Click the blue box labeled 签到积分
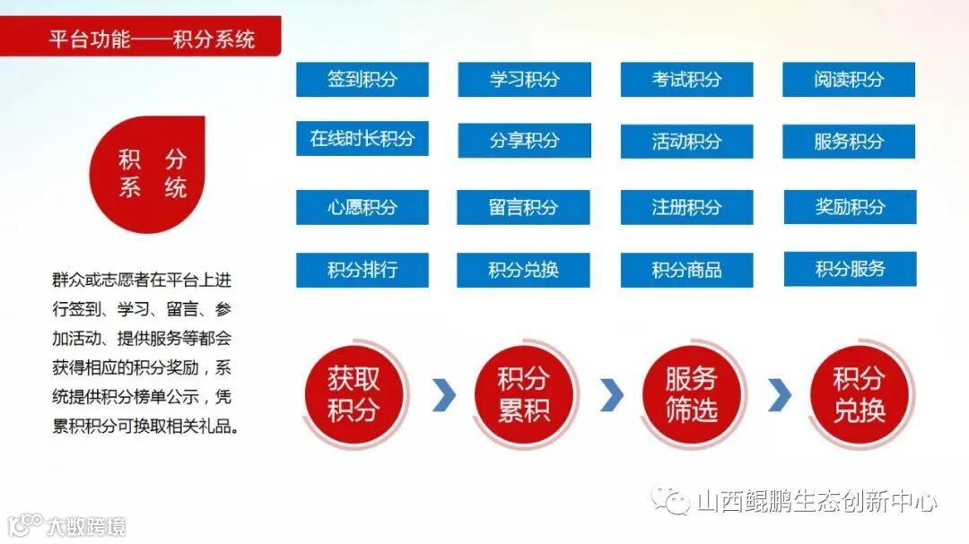point(362,79)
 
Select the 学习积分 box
point(524,79)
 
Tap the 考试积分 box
point(686,79)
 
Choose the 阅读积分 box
point(849,79)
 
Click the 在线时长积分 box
point(362,139)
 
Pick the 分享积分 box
point(524,141)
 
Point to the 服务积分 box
point(849,141)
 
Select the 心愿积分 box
point(362,207)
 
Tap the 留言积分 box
point(524,207)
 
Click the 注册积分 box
point(686,207)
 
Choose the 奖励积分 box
point(849,207)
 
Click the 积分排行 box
point(362,270)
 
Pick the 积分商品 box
point(686,270)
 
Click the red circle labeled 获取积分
point(354,394)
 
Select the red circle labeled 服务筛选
point(691,394)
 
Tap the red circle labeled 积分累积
point(522,394)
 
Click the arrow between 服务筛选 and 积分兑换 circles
point(780,394)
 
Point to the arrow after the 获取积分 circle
point(443,394)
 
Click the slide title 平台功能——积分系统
point(152,39)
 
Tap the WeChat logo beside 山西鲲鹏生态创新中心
point(671,498)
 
